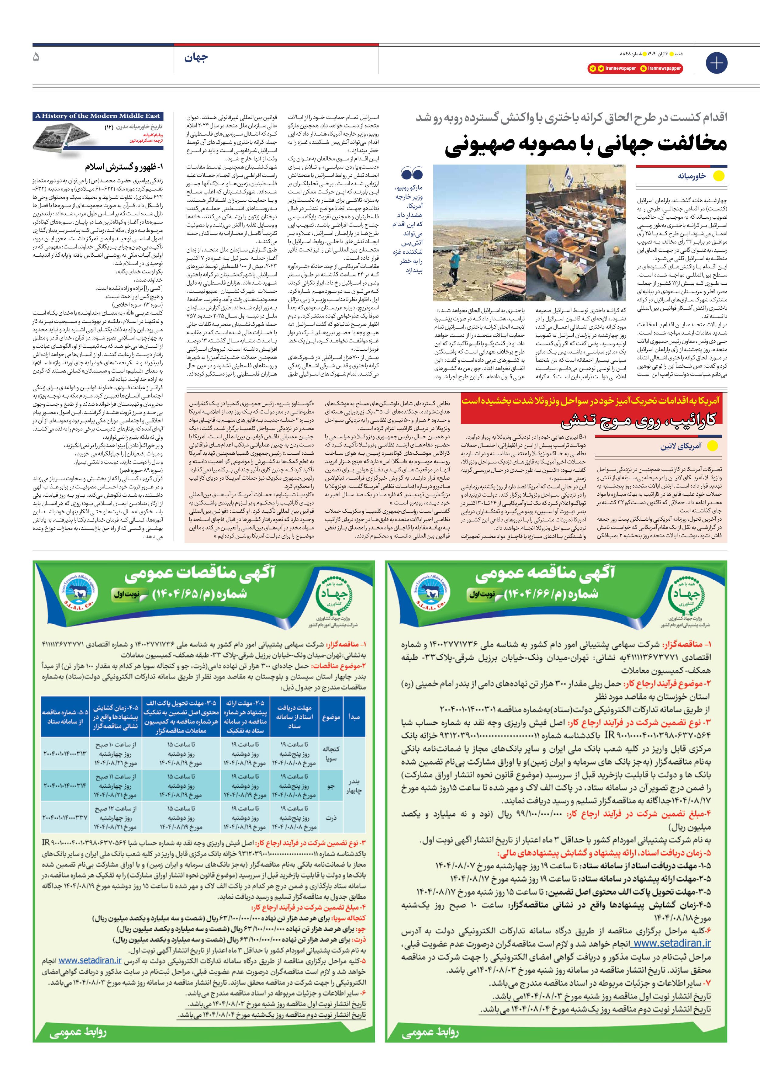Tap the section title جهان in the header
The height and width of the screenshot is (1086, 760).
[x=196, y=58]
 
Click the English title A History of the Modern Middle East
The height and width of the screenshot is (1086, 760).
[x=98, y=116]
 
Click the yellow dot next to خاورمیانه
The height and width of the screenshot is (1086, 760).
[x=718, y=176]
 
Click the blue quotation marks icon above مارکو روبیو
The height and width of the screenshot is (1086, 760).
[x=411, y=173]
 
